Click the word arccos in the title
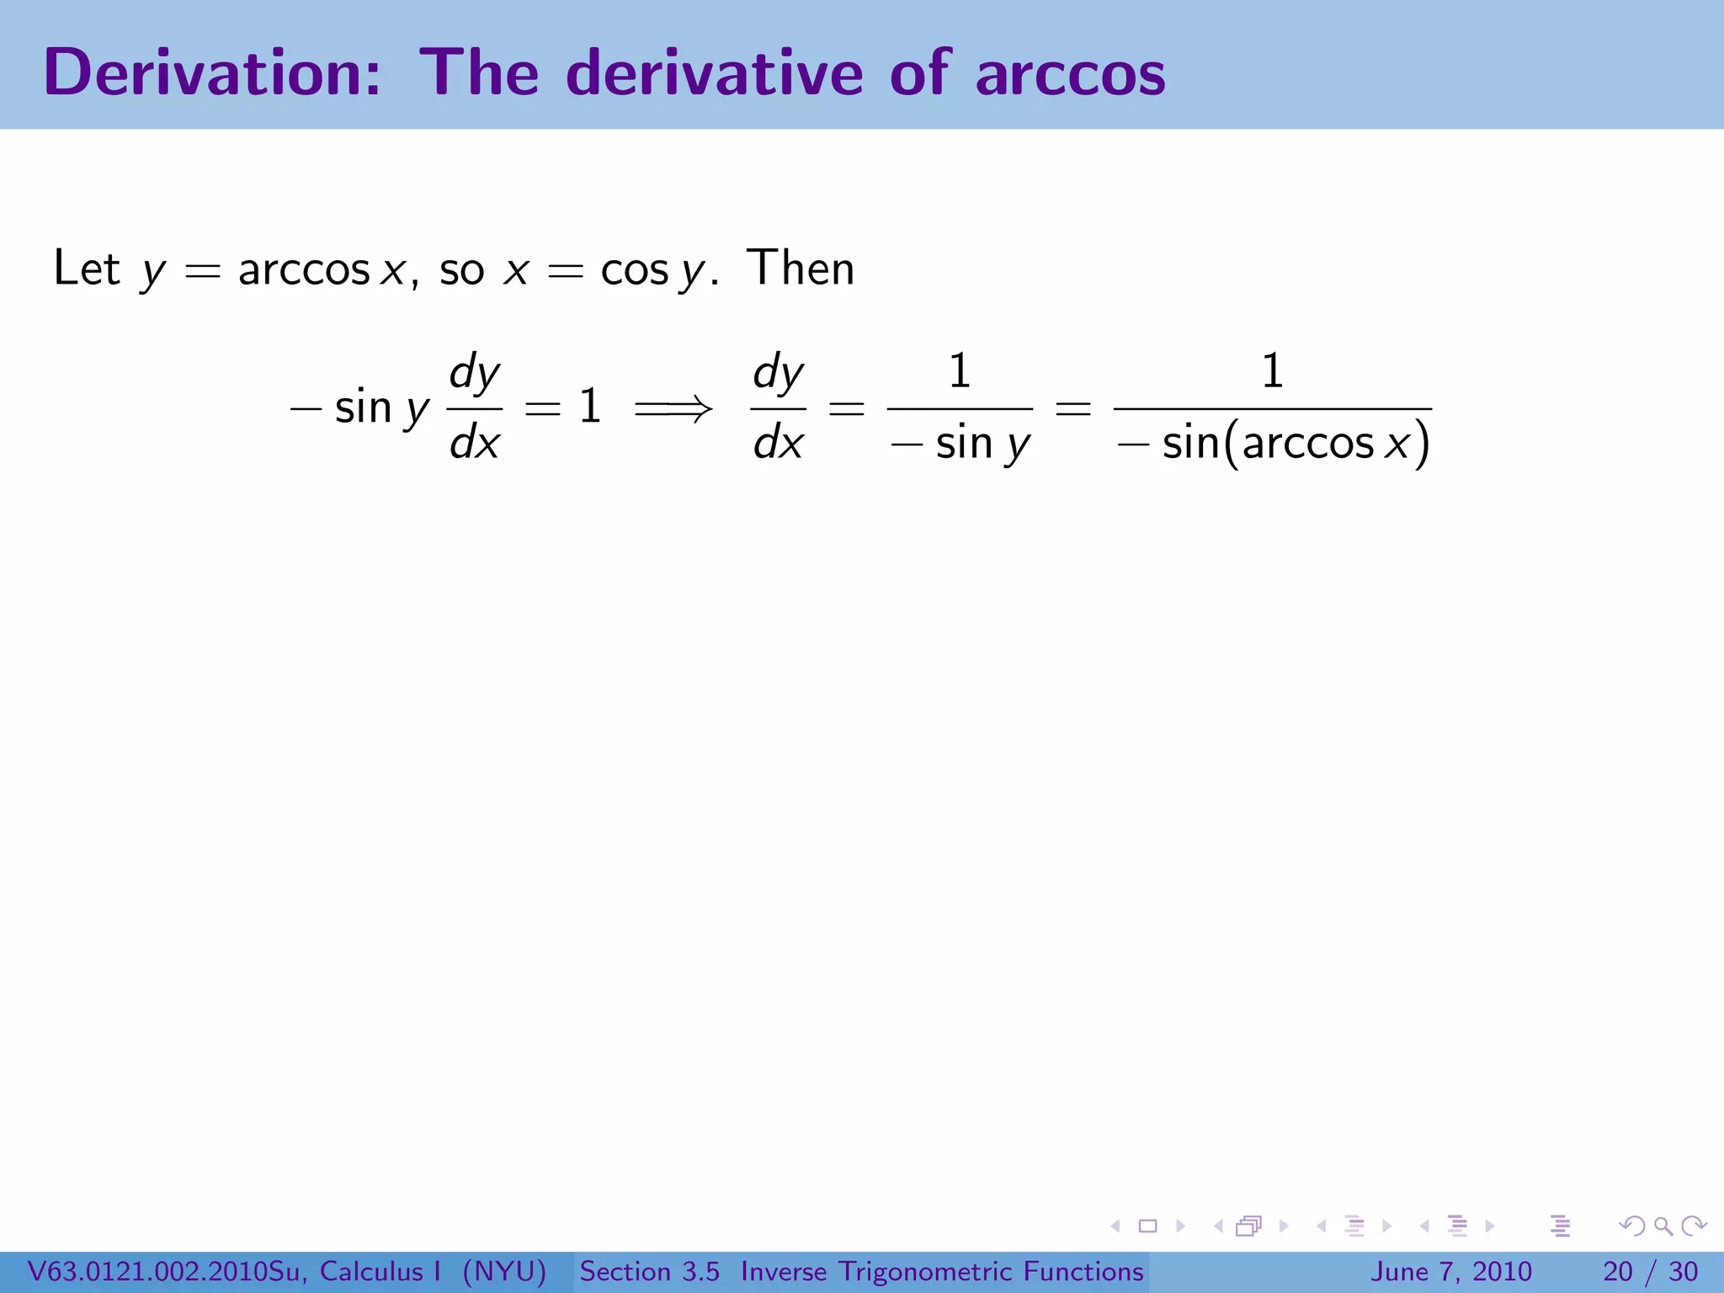point(1070,75)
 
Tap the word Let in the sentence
point(87,269)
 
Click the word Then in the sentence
point(800,269)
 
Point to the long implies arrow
point(673,410)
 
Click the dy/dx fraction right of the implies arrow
point(778,408)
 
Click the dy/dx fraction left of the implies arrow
point(475,408)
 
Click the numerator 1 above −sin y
point(960,371)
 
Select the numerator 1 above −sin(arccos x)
point(1272,371)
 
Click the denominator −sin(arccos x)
point(1273,444)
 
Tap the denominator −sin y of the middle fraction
point(960,444)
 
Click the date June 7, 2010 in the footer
point(1451,1271)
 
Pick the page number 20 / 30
point(1650,1271)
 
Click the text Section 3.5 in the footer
point(649,1271)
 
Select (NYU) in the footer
point(504,1271)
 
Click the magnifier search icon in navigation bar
point(1663,1226)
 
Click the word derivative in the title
point(715,73)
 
